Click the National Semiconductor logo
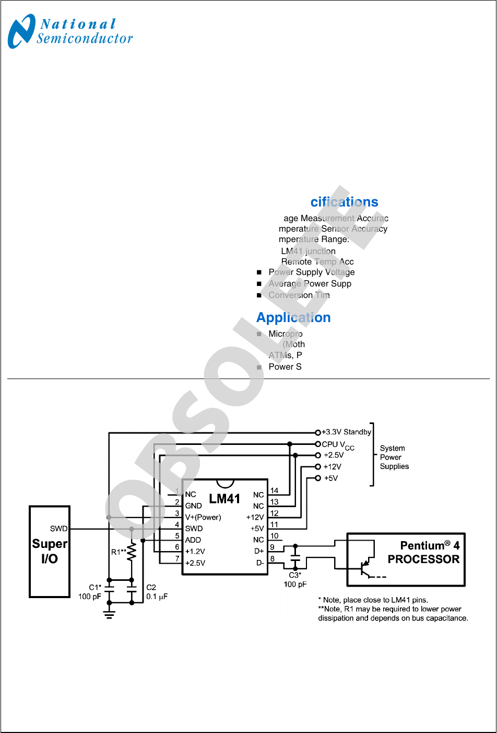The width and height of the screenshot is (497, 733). [x=70, y=31]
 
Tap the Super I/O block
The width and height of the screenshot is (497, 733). [x=50, y=551]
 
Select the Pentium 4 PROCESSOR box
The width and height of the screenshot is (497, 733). [x=406, y=559]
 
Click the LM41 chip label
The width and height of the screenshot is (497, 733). [x=224, y=499]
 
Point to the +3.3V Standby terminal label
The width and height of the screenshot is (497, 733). [x=346, y=432]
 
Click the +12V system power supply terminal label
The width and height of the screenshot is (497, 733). [x=333, y=467]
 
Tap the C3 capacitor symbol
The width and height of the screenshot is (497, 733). [x=295, y=558]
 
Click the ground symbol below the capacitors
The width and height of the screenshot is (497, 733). [x=109, y=614]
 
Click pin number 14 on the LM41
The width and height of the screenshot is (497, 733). [x=274, y=491]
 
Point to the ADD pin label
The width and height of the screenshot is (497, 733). [x=193, y=540]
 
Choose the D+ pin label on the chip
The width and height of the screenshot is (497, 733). [x=259, y=551]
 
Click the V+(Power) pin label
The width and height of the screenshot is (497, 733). [x=203, y=518]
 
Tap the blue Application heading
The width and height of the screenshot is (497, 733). [x=293, y=318]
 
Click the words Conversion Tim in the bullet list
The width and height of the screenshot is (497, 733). [x=299, y=295]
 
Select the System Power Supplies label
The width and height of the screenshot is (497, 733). [x=394, y=457]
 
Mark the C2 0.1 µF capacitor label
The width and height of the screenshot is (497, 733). [x=156, y=592]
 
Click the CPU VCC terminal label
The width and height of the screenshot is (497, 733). [x=338, y=445]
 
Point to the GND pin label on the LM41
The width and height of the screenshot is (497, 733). [x=193, y=506]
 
